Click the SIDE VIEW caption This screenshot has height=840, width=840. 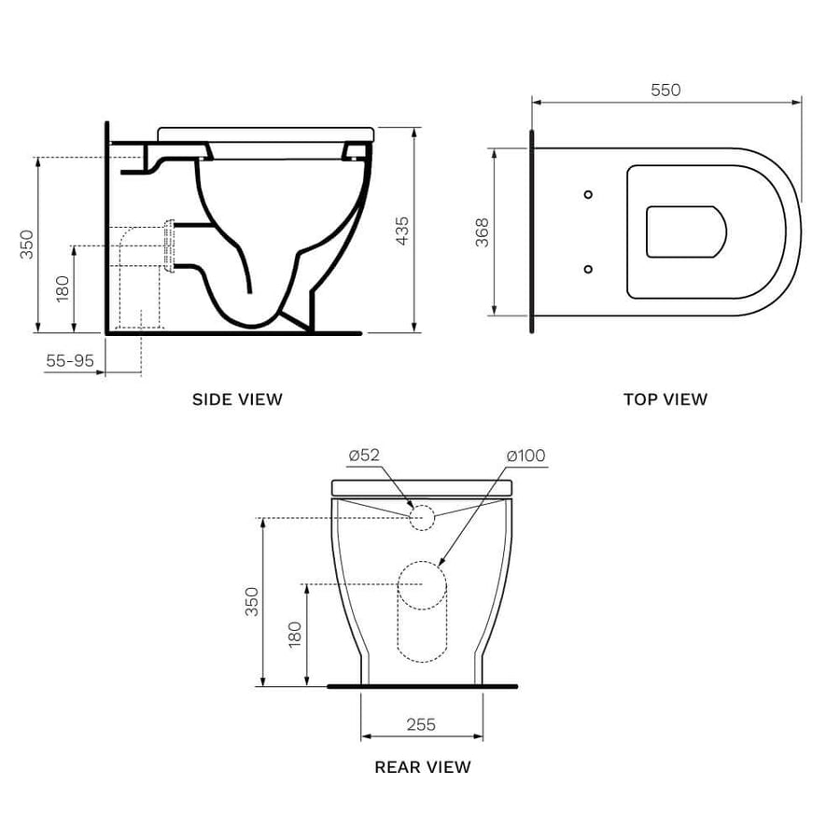pyautogui.click(x=237, y=399)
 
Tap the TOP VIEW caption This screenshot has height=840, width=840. pyautogui.click(x=665, y=399)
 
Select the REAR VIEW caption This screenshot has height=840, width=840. pyautogui.click(x=423, y=767)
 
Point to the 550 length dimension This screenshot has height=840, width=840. pyautogui.click(x=665, y=90)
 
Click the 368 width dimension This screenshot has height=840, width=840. pyautogui.click(x=483, y=231)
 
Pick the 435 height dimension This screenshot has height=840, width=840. pyautogui.click(x=402, y=231)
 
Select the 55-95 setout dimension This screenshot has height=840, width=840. pyautogui.click(x=71, y=360)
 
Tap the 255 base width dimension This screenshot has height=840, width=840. pyautogui.click(x=421, y=724)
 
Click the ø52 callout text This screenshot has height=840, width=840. pyautogui.click(x=364, y=455)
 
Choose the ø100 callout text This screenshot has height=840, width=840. pyautogui.click(x=525, y=455)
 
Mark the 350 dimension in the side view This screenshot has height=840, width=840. pyautogui.click(x=27, y=245)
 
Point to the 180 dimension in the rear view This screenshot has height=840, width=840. pyautogui.click(x=294, y=635)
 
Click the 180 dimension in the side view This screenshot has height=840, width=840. pyautogui.click(x=63, y=287)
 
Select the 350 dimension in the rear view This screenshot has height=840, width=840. pyautogui.click(x=251, y=602)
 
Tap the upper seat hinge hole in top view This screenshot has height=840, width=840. pyautogui.click(x=587, y=194)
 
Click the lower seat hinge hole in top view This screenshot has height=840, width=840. pyautogui.click(x=587, y=269)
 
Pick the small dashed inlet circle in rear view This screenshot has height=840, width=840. pyautogui.click(x=422, y=517)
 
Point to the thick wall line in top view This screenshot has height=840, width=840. pyautogui.click(x=531, y=231)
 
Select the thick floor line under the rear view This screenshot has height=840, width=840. pyautogui.click(x=422, y=686)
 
